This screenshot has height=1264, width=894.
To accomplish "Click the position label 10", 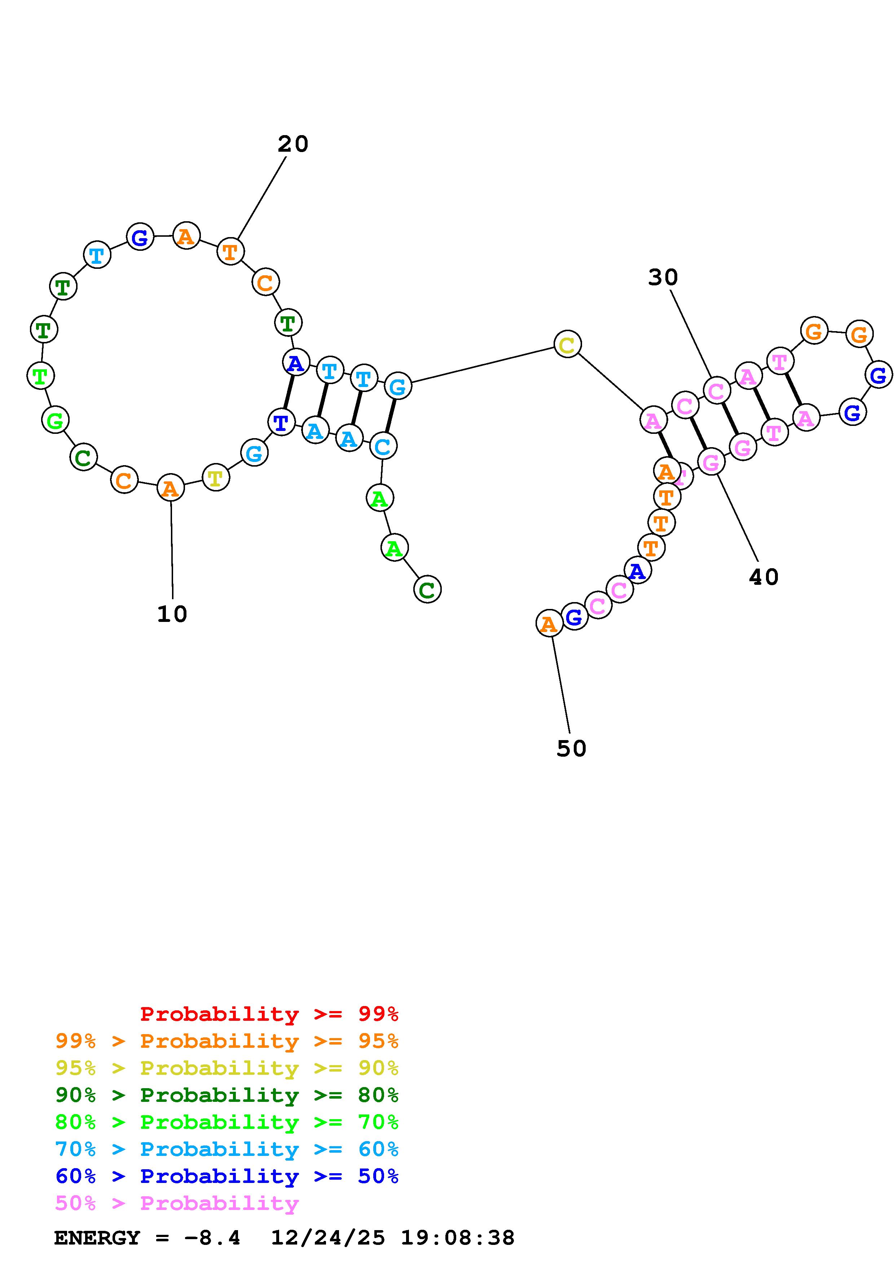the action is pyautogui.click(x=172, y=614).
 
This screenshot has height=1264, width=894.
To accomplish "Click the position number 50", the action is pyautogui.click(x=571, y=748).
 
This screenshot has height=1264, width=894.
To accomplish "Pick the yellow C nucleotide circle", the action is pyautogui.click(x=567, y=344).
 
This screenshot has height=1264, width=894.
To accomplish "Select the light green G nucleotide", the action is pyautogui.click(x=55, y=420).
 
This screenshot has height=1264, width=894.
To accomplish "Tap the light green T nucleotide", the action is pyautogui.click(x=40, y=376).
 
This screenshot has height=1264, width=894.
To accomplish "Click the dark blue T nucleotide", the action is pyautogui.click(x=281, y=422).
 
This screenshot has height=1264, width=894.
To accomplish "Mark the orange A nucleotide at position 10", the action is pyautogui.click(x=170, y=488).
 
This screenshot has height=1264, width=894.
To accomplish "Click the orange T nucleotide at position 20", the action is pyautogui.click(x=230, y=252).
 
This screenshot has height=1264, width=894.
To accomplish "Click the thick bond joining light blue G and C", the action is pyautogui.click(x=390, y=416).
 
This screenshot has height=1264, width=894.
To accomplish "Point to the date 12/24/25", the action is pyautogui.click(x=328, y=1238).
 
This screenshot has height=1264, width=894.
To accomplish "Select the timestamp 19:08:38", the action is pyautogui.click(x=457, y=1238).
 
